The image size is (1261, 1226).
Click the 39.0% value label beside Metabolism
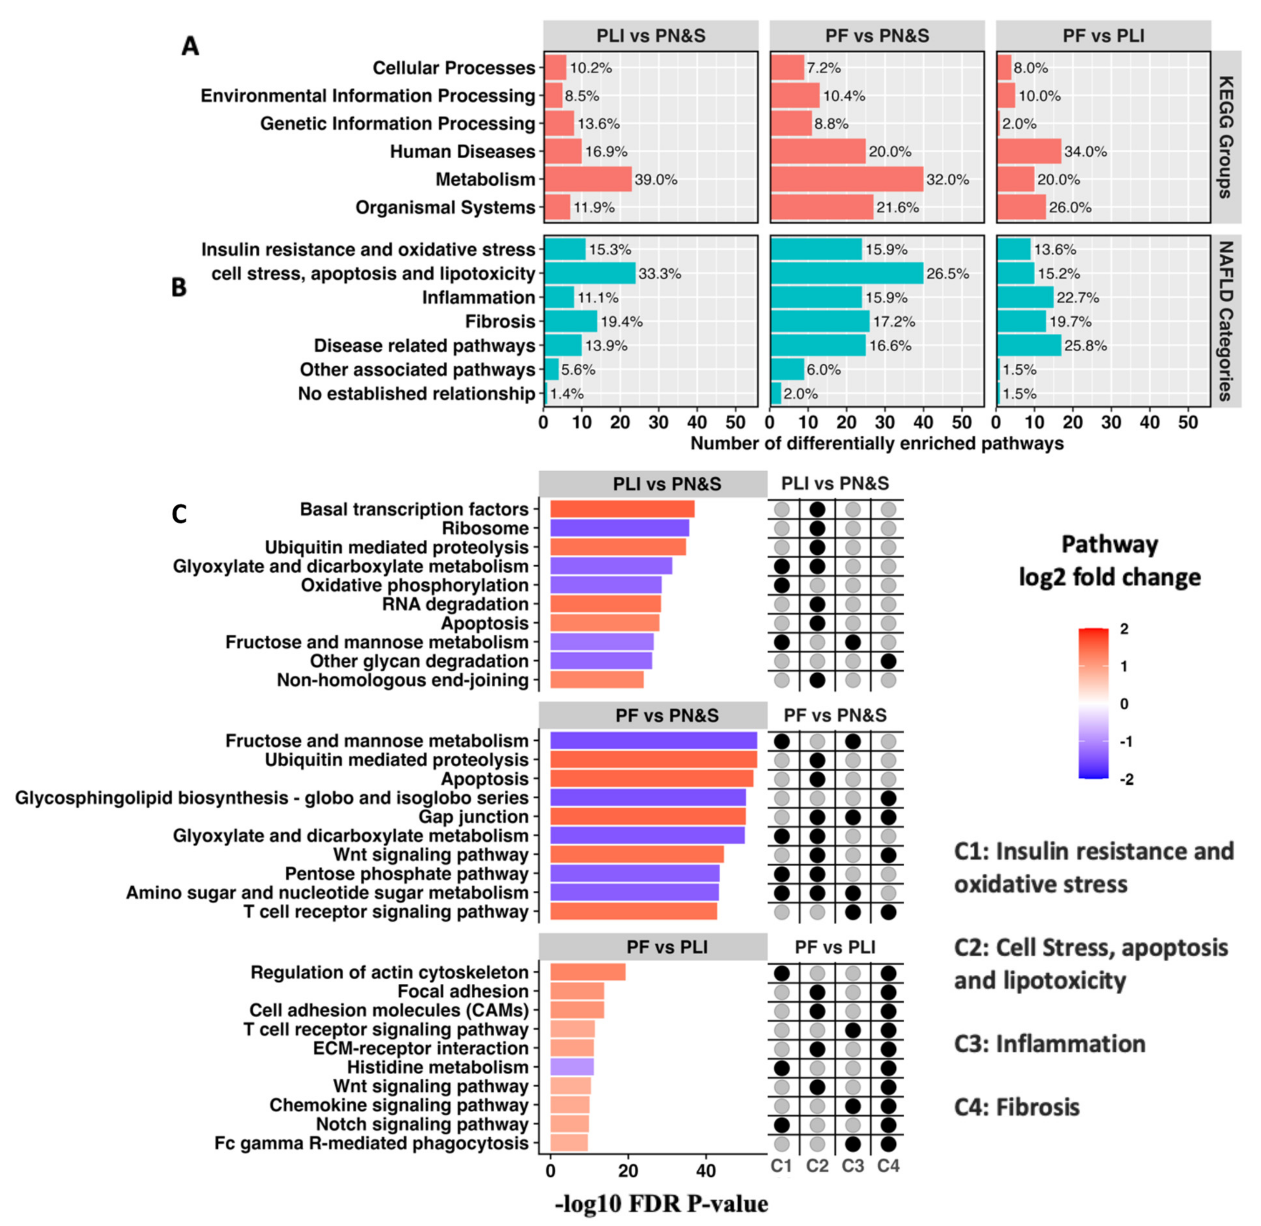pos(656,179)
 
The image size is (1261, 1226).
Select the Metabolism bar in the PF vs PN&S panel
pos(846,179)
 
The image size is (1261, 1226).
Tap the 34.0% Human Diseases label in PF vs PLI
pos(1085,152)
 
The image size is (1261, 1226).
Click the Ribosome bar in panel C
pos(619,528)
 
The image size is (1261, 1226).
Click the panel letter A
pos(190,46)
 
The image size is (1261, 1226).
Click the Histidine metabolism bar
pos(572,1067)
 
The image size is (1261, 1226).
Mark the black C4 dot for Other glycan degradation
pos(888,661)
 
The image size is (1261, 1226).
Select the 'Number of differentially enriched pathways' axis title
pos(877,444)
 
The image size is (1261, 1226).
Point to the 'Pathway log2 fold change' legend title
pos(1109,560)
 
